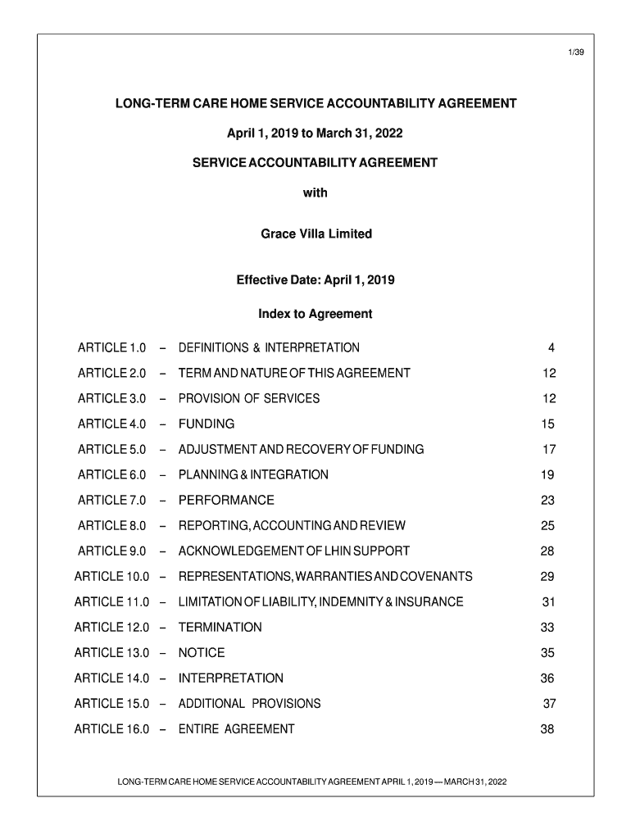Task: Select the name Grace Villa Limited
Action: coord(315,234)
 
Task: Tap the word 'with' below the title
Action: coord(315,193)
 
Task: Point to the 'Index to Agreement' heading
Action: coord(315,314)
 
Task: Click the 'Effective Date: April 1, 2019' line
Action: coord(315,280)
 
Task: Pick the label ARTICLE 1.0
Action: coord(111,348)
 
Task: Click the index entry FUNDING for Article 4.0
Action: coord(207,424)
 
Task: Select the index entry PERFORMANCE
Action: coord(226,501)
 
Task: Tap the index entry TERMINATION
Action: coord(220,628)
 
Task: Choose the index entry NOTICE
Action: coord(202,653)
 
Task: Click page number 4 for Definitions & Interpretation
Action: coord(552,348)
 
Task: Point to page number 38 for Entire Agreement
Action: coord(547,729)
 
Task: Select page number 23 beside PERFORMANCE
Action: coord(547,501)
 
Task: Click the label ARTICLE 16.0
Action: coord(111,729)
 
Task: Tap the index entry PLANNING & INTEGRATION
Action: coord(253,475)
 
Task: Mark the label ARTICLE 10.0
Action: coord(111,577)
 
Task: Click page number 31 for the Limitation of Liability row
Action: coord(548,602)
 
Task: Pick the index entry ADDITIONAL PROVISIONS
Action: coord(250,704)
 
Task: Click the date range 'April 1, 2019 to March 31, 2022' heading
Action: coord(315,134)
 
